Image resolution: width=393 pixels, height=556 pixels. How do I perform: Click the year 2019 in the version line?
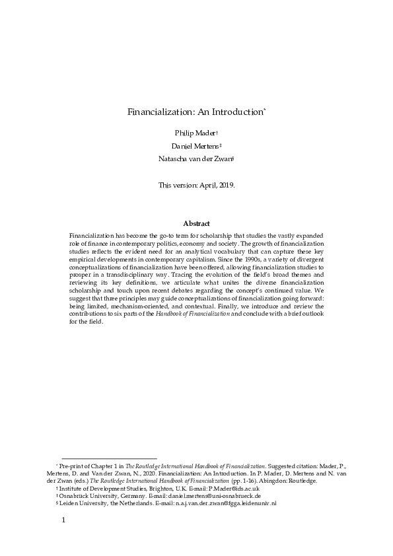(224, 186)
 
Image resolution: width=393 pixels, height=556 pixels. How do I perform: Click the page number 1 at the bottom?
(63, 520)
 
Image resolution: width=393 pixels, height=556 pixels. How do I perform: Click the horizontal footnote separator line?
(109, 458)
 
